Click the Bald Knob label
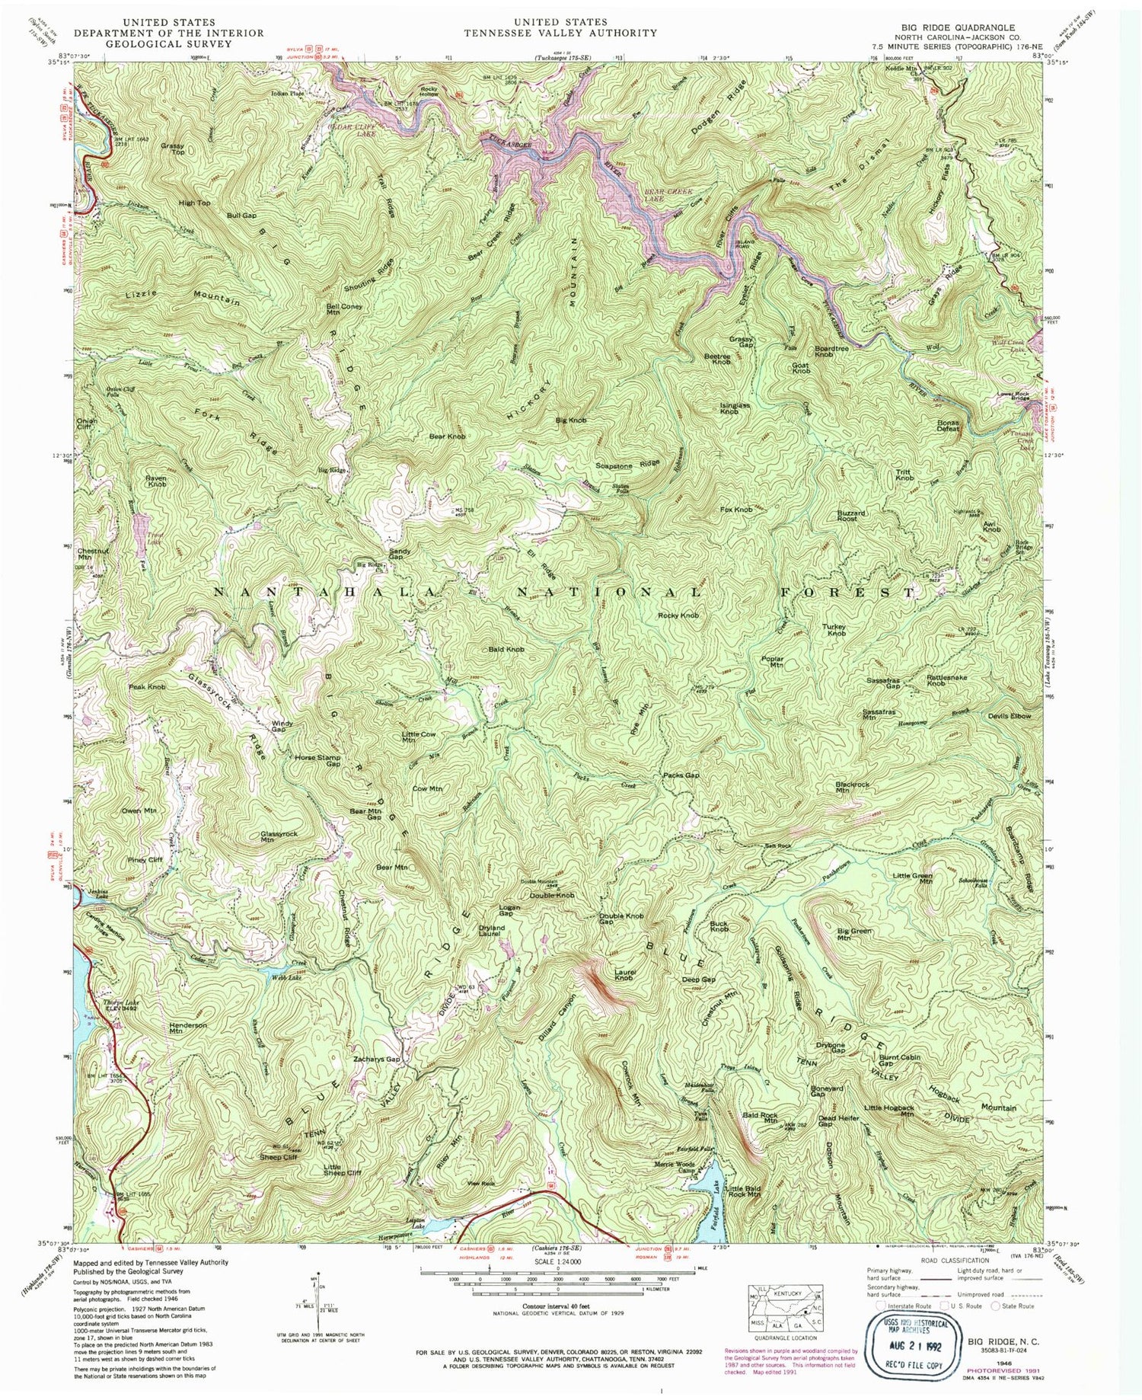[x=506, y=649]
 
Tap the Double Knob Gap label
[x=617, y=919]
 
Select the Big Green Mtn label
[x=854, y=935]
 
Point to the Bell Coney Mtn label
[x=343, y=308]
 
